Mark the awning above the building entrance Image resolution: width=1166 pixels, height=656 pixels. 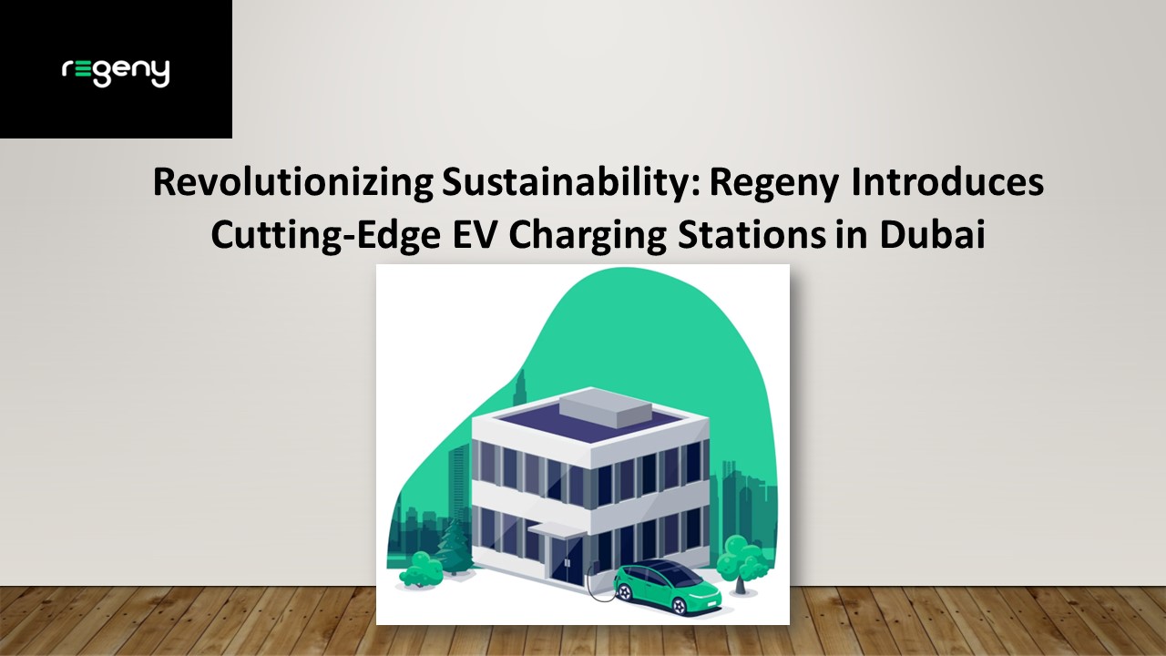point(555,528)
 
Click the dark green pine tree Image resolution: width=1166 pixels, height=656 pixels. point(453,548)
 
